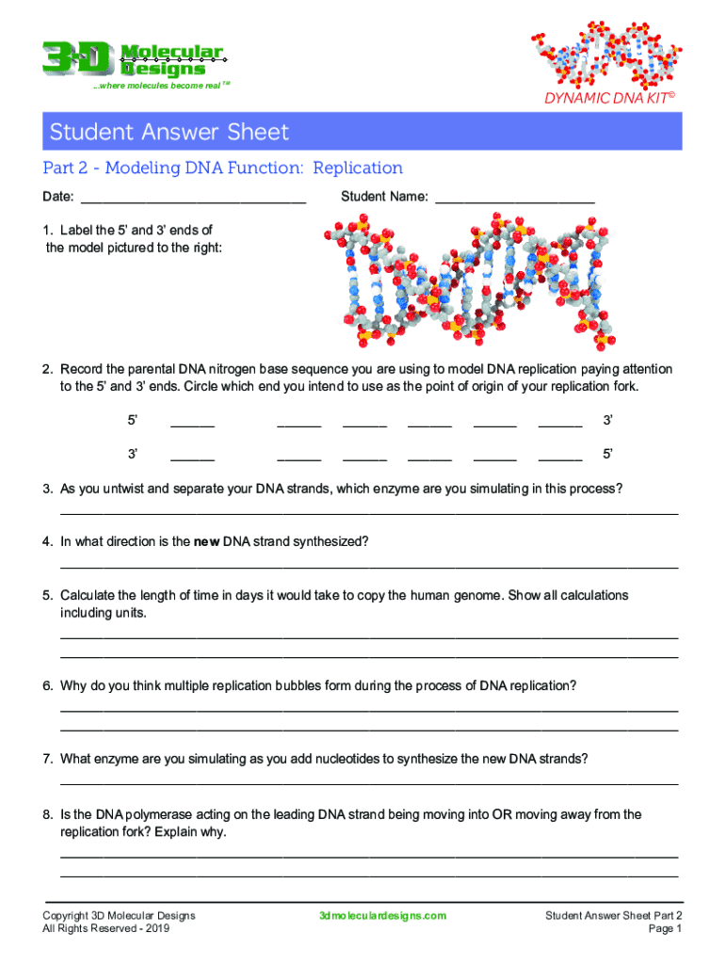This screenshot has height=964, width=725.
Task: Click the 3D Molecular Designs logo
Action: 132,59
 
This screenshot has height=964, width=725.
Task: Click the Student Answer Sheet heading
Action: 169,132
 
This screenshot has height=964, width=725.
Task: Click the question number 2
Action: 47,368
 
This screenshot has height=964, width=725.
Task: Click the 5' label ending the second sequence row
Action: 607,455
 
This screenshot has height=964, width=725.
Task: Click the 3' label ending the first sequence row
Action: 607,419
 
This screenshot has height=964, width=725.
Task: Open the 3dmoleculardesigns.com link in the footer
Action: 382,916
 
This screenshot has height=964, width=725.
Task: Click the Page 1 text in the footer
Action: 665,929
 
